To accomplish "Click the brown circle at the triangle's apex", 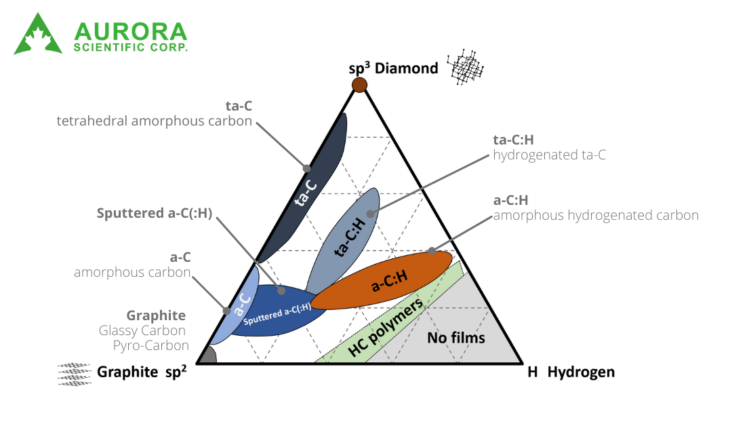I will [359, 85].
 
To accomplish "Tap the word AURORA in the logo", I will [131, 31].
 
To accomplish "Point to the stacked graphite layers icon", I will [75, 374].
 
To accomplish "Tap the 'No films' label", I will [456, 337].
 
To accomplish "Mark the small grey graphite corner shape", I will [207, 356].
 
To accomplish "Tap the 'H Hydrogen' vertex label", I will [571, 372].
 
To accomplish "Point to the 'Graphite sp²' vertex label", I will [142, 372].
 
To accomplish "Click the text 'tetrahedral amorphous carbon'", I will [155, 121].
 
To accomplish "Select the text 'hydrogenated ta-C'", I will [549, 155].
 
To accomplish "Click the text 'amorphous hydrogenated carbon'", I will [595, 216].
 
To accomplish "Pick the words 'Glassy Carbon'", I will [142, 330].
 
